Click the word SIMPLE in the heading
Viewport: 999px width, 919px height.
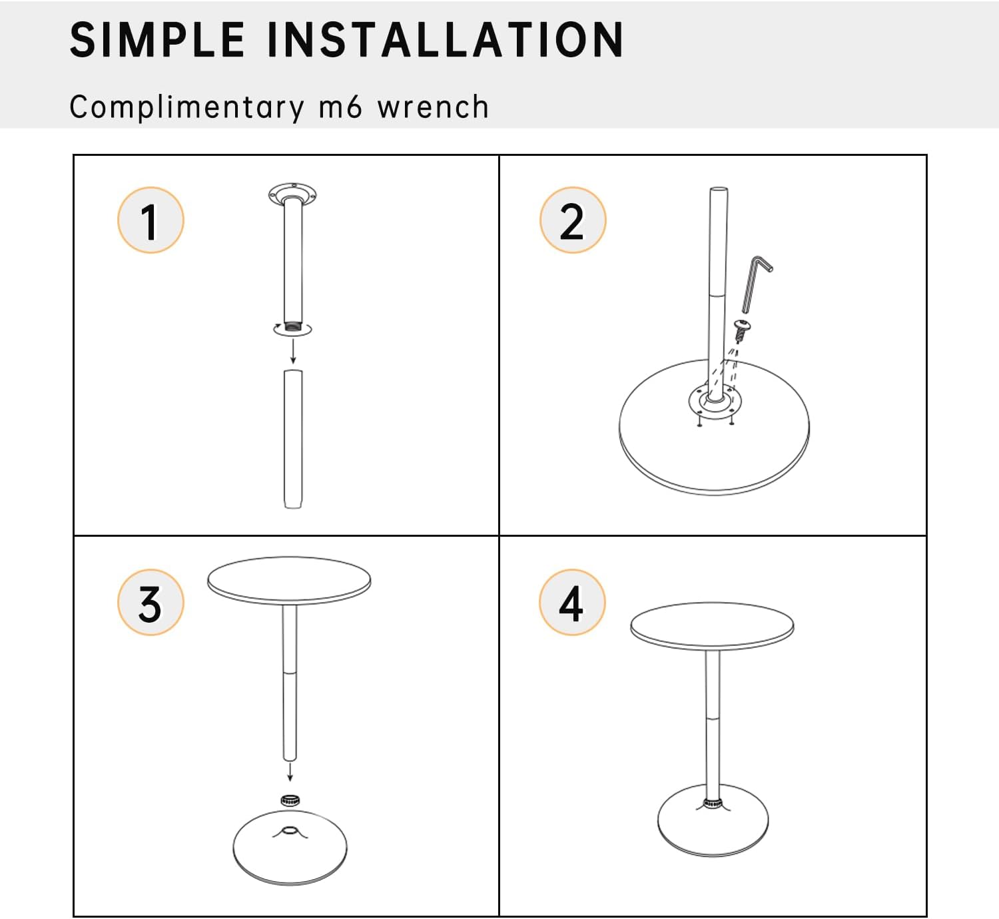(x=157, y=40)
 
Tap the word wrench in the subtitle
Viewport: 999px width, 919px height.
(x=433, y=107)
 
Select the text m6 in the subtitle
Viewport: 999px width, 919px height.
(x=340, y=107)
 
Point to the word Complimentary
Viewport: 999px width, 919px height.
(x=186, y=107)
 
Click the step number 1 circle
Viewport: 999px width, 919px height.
(x=151, y=220)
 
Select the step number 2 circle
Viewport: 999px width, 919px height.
(x=572, y=220)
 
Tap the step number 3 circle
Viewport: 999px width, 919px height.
(x=151, y=603)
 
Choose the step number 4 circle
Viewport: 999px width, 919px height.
(x=572, y=603)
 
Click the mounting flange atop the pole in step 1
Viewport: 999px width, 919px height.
(x=292, y=194)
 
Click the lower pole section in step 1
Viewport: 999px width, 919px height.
(x=292, y=440)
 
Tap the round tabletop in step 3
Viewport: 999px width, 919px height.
(x=289, y=579)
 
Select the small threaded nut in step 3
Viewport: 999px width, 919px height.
(x=289, y=800)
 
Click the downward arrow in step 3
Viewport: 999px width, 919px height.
(x=290, y=772)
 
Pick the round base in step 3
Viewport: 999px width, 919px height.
(x=290, y=856)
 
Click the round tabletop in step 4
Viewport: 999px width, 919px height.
(x=712, y=625)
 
